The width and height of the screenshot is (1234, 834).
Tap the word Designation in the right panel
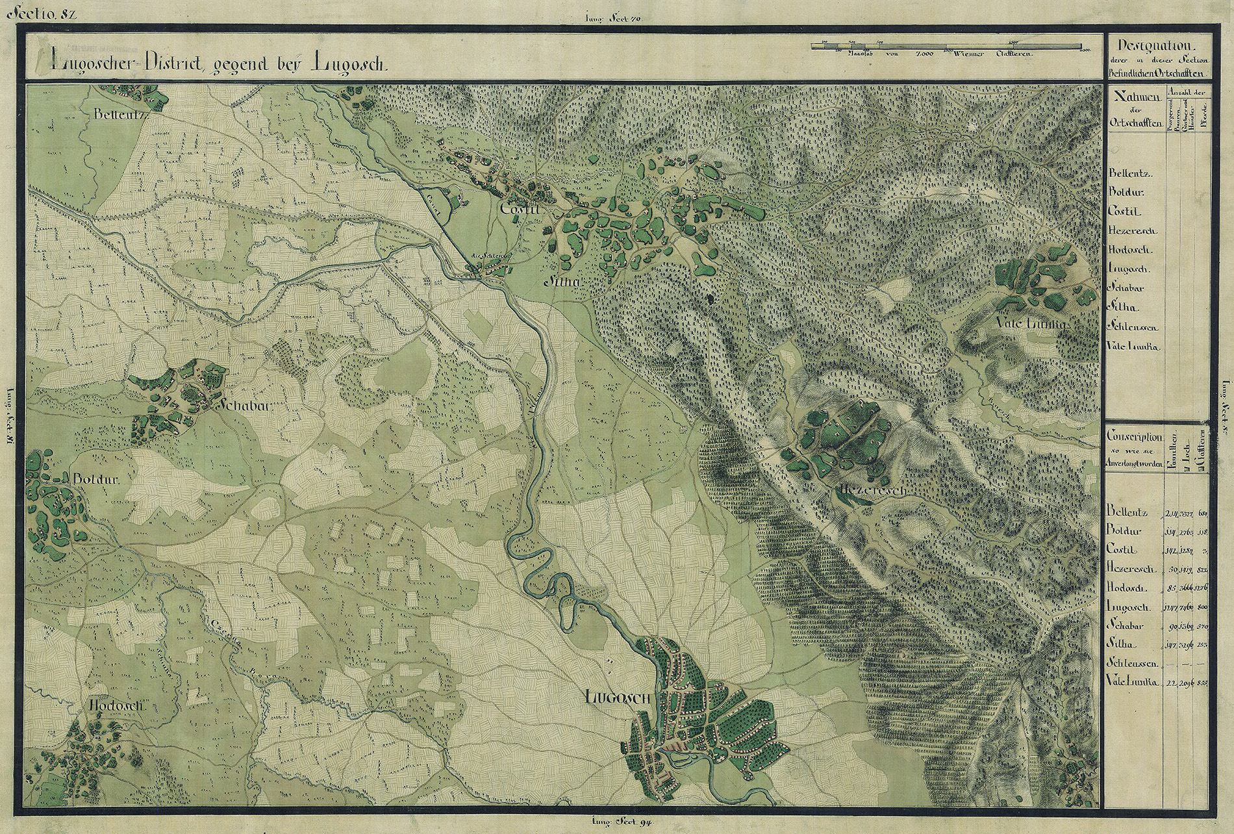coord(1149,46)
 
